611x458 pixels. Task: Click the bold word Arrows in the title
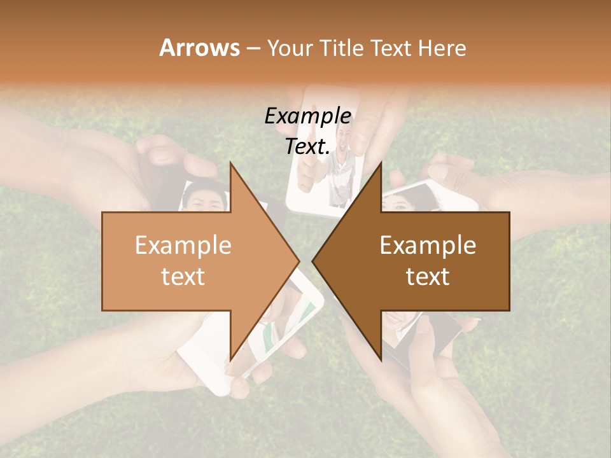(x=199, y=48)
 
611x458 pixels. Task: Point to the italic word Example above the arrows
(x=307, y=116)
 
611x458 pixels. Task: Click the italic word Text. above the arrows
(x=307, y=147)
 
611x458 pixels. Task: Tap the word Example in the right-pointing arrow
(x=183, y=246)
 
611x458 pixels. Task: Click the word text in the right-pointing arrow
(x=183, y=277)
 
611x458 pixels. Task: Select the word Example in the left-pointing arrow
(x=428, y=246)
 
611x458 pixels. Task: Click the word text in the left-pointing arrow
(x=428, y=277)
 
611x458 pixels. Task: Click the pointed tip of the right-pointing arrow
(x=299, y=261)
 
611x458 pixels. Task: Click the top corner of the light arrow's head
(x=230, y=163)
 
